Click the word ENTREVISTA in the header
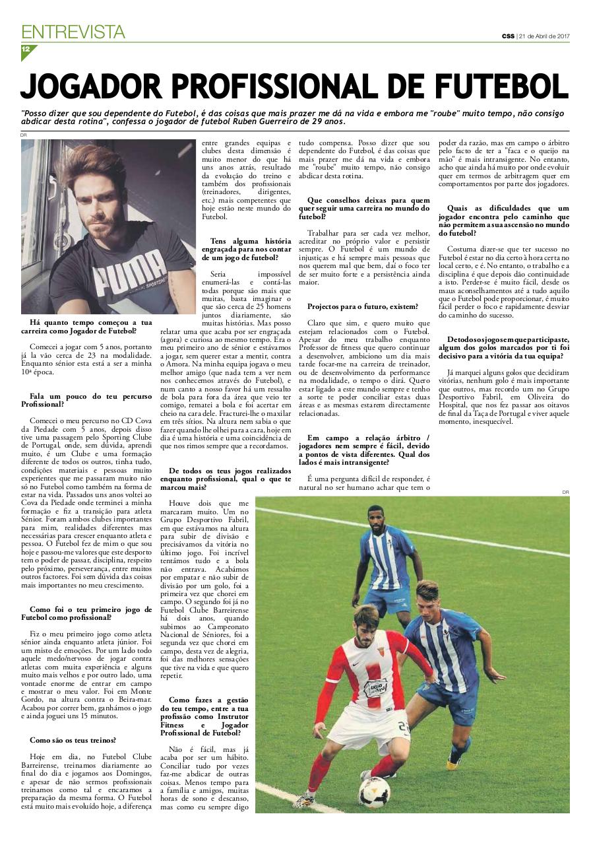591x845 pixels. (73, 31)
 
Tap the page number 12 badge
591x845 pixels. (26, 50)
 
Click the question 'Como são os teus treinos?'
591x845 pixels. (73, 740)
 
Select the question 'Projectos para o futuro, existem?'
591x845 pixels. (362, 306)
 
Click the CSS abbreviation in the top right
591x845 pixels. (507, 36)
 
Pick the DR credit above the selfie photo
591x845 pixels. (24, 135)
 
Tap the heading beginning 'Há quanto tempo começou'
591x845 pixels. (86, 326)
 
